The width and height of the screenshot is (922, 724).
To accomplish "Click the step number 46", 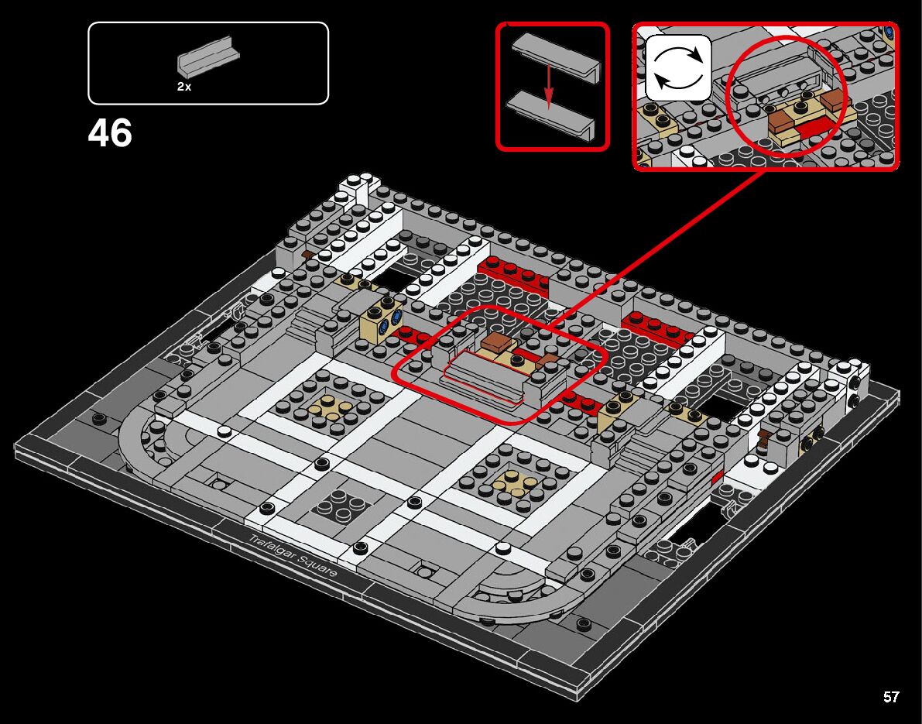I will point(110,133).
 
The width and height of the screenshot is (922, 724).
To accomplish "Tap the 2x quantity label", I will point(184,87).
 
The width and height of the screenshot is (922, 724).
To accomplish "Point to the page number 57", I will point(891,697).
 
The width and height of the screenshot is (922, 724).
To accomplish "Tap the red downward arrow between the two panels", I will point(548,85).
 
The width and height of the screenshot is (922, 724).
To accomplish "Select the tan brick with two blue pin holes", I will point(382,319).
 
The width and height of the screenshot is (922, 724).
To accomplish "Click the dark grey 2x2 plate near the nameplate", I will point(337,505).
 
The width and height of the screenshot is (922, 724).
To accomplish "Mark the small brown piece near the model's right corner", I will point(765,440).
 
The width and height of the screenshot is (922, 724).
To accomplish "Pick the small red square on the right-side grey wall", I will point(717,475).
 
